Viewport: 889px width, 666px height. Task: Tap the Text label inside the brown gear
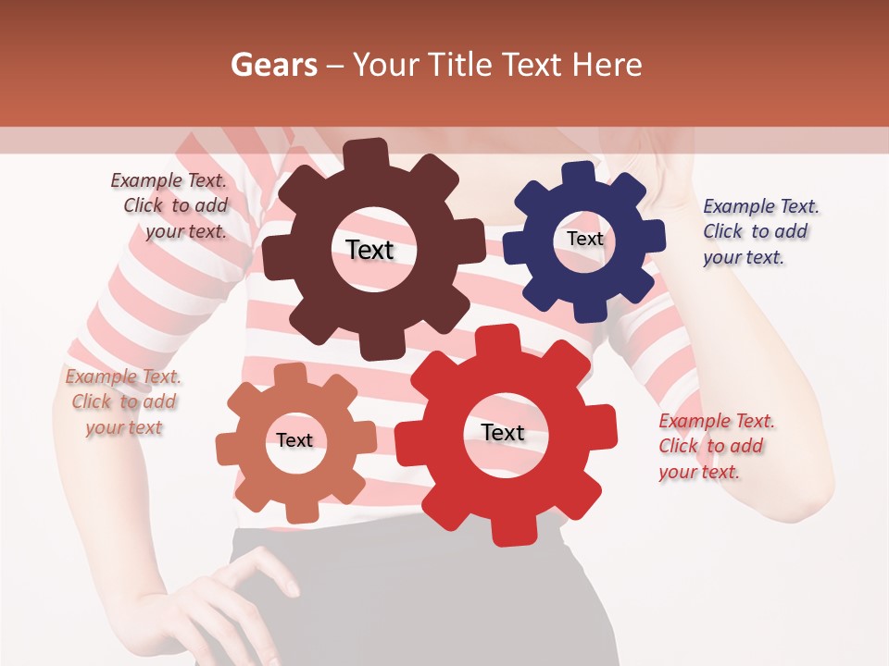click(x=369, y=250)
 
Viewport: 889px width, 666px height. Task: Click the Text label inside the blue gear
click(x=584, y=239)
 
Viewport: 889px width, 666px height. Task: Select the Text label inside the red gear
click(x=503, y=433)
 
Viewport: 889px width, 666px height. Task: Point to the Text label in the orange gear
click(x=294, y=440)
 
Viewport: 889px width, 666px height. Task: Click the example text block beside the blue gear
click(x=760, y=231)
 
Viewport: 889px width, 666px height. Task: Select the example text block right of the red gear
click(x=716, y=446)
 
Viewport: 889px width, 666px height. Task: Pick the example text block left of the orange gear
click(x=123, y=402)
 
